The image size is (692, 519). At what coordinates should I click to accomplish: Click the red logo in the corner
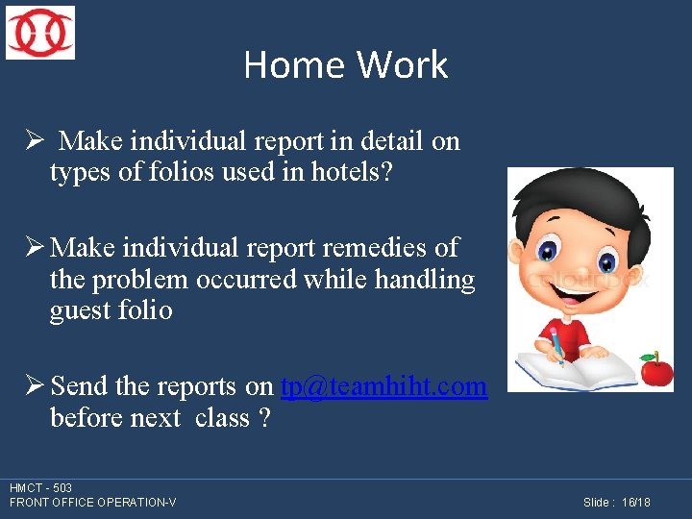(x=40, y=33)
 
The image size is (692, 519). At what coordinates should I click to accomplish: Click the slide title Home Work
(x=346, y=64)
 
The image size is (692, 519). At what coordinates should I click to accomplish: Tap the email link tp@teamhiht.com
(x=383, y=386)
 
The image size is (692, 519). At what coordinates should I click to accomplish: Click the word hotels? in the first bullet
(x=352, y=174)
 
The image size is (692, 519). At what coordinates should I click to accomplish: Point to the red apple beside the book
(x=656, y=370)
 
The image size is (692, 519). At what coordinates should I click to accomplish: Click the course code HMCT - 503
(x=40, y=488)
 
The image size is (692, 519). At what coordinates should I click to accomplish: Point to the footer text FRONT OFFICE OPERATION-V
(x=92, y=503)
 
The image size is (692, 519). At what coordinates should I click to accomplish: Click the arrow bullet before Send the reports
(x=35, y=386)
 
